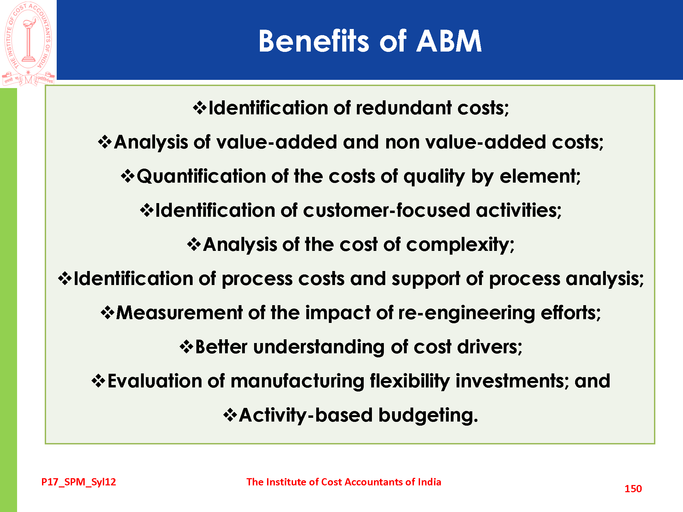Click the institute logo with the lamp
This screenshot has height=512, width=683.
28,44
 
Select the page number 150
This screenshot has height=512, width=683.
633,488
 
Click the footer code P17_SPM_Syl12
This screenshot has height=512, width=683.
79,482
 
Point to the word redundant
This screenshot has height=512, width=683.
404,108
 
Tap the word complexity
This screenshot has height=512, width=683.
460,245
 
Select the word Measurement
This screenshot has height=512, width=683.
179,313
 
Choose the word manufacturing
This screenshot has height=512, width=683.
297,381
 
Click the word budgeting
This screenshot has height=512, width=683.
428,415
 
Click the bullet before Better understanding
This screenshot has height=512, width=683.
186,347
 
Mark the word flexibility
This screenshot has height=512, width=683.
410,381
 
